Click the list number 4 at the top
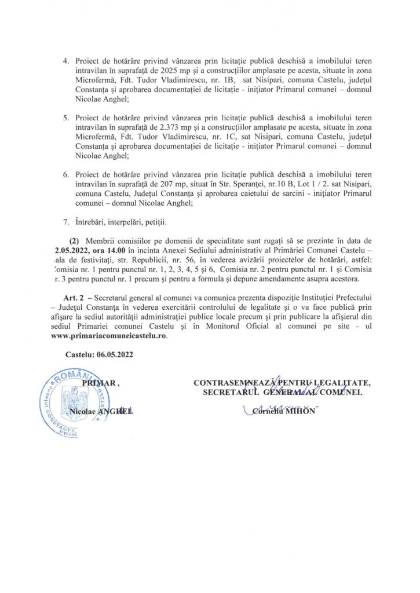pos(65,61)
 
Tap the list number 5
pos(65,118)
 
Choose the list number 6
pos(65,174)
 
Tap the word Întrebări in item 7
pos(91,221)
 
